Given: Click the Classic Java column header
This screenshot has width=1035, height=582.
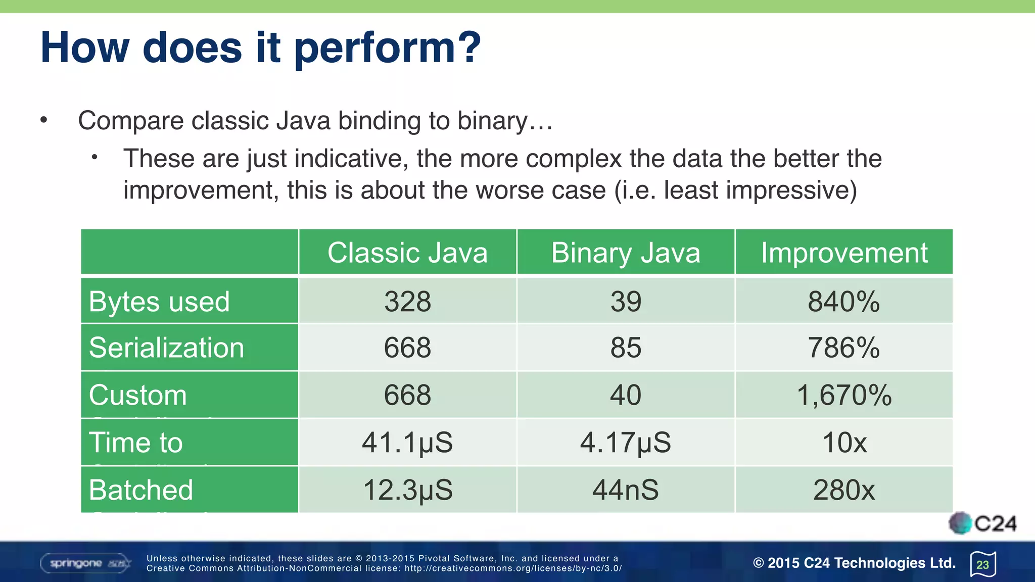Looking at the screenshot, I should click(407, 253).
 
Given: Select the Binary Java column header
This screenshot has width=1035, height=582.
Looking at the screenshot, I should click(626, 253).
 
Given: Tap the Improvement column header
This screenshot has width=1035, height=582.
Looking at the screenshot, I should click(844, 253).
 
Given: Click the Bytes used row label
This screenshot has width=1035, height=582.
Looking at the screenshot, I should click(159, 302).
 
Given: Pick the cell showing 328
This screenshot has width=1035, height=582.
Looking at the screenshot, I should click(407, 302).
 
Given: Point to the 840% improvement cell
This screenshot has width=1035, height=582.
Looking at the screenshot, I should click(843, 302).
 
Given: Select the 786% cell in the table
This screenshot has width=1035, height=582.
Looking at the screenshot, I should click(843, 348).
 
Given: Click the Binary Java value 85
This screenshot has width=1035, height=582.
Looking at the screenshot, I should click(626, 348).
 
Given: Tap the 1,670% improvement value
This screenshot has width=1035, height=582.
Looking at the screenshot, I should click(843, 395).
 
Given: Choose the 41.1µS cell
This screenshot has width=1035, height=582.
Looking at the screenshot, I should click(407, 443).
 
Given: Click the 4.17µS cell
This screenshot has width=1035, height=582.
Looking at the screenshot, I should click(626, 443).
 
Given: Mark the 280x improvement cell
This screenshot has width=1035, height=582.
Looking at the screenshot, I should click(843, 490).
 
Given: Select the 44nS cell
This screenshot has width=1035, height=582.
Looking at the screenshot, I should click(626, 490).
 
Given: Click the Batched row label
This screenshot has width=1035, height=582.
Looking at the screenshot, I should click(141, 490).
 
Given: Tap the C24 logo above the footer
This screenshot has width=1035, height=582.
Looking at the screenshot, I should click(982, 523).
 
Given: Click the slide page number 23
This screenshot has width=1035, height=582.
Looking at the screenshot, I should click(982, 564).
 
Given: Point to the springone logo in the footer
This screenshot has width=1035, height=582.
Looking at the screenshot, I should click(85, 563).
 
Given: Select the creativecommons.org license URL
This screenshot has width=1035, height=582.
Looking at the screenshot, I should click(513, 568).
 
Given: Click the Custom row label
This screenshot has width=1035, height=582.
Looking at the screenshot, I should click(138, 395).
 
